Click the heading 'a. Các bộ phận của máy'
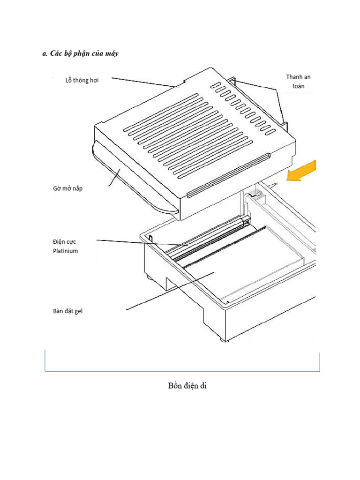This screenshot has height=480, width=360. pos(80,53)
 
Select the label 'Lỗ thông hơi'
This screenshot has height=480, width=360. pos(82,80)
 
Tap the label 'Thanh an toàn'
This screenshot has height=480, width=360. pos(298,81)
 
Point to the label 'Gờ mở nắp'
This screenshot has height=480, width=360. pos(67,189)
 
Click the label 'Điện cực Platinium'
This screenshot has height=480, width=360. pos(65,246)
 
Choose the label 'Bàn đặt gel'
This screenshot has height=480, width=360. pos(67,311)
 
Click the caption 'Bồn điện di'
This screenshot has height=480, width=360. pos(187,386)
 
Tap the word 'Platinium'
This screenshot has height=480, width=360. pos(65,251)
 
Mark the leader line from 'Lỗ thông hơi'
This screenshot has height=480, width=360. pos(145,82)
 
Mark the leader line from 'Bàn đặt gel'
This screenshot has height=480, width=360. pos(169,291)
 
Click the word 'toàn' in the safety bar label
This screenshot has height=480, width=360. pos(298,86)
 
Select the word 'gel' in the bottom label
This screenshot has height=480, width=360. pos(77,311)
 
